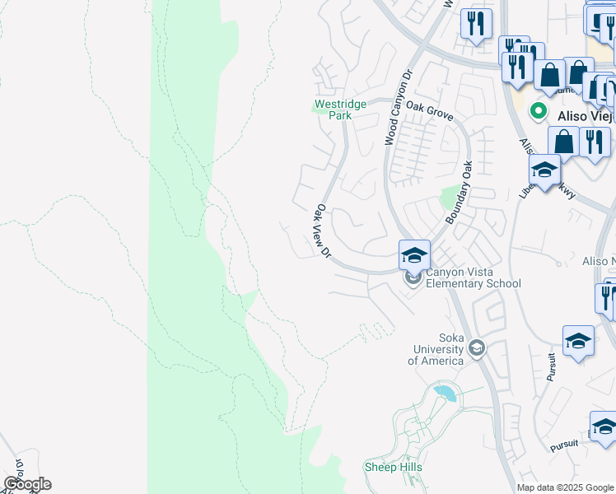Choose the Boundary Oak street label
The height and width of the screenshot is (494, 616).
(460, 192)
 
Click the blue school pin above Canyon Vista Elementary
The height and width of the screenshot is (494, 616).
(414, 254)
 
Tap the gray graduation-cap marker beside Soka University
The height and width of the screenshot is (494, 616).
(476, 350)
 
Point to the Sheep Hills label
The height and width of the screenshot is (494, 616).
(393, 467)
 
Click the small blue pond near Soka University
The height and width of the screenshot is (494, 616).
(445, 393)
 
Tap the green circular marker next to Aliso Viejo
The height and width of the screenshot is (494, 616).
(539, 110)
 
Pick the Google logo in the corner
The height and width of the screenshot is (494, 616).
(27, 483)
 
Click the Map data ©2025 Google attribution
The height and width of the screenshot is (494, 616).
(565, 487)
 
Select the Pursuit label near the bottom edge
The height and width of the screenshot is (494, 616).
(564, 445)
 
